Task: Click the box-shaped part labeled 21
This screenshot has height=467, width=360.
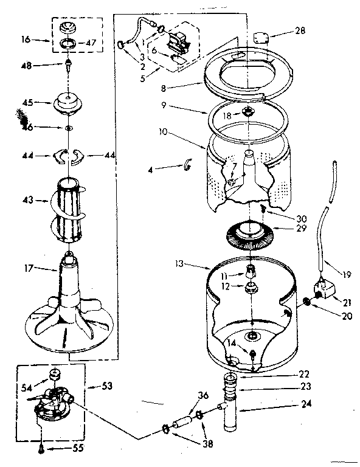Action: pos(324,291)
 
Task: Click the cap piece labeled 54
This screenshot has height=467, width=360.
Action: pos(55,373)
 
